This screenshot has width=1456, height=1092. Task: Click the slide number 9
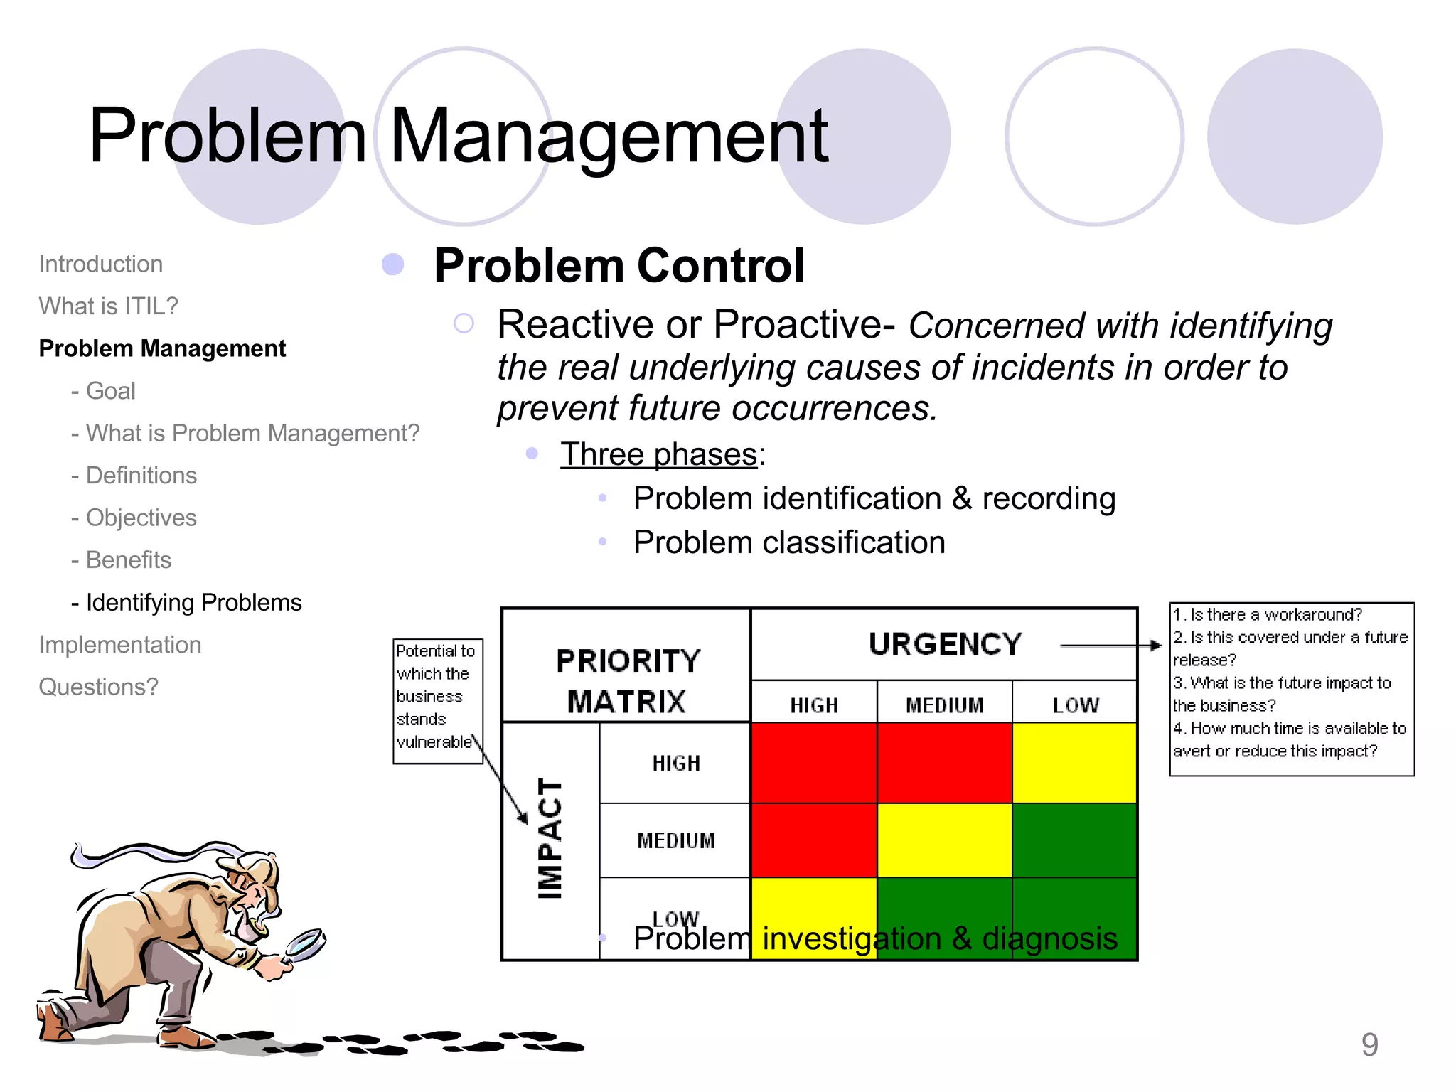pos(1369,1044)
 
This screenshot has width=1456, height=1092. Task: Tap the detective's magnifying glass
pos(304,944)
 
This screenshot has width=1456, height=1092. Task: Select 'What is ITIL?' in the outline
pos(108,306)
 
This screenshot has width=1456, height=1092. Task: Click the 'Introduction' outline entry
pos(100,264)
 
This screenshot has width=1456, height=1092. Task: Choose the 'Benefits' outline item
pos(128,560)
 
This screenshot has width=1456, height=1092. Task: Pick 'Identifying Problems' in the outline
pos(193,603)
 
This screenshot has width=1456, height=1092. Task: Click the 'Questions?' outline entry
pos(98,687)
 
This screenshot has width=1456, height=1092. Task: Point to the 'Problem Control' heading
pos(619,266)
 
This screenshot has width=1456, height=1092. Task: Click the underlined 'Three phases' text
pos(659,454)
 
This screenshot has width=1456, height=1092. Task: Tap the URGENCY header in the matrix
pos(945,644)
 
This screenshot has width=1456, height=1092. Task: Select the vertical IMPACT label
pos(550,839)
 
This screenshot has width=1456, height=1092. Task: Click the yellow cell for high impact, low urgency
pos(1074,763)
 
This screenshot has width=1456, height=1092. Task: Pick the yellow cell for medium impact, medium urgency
pos(944,840)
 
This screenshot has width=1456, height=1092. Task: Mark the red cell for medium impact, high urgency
pos(814,840)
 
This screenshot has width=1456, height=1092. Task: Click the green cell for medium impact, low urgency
pos(1074,840)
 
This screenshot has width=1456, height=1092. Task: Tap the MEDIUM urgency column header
pos(944,705)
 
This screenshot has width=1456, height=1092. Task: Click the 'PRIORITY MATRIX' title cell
pos(627,680)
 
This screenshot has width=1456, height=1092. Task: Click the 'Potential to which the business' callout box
pos(437,700)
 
